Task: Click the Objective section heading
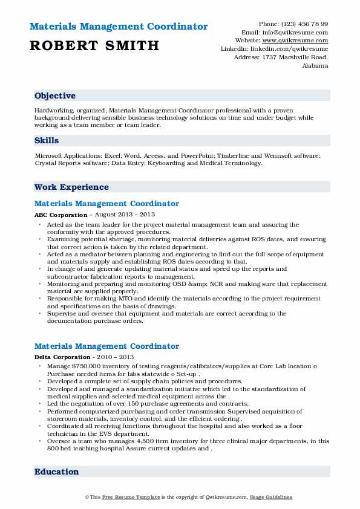tap(55, 96)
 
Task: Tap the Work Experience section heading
tap(71, 187)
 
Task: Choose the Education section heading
tap(56, 472)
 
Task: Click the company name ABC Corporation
tap(61, 215)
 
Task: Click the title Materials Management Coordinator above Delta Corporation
tap(106, 346)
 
